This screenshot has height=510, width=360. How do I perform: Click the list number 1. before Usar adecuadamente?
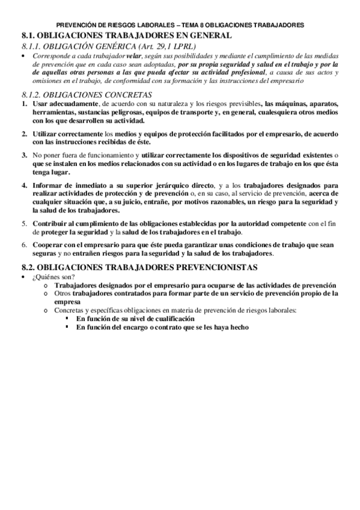[23, 104]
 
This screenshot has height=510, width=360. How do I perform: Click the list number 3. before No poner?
[23, 155]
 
